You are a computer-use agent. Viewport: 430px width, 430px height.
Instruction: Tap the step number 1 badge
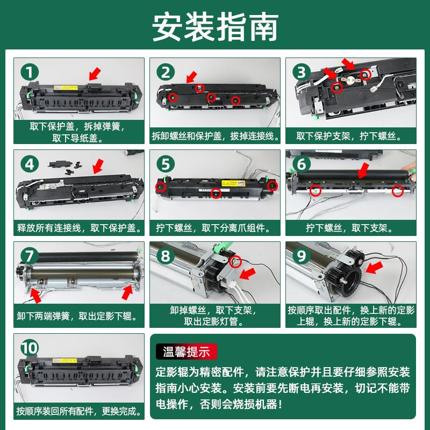30,73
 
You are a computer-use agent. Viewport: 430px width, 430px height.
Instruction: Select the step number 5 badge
166,164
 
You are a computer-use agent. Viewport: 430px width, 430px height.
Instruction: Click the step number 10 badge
30,348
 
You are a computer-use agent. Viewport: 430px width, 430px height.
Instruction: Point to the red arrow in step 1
95,75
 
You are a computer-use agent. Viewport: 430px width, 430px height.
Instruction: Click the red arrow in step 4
98,166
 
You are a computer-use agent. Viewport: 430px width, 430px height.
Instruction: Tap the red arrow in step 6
364,170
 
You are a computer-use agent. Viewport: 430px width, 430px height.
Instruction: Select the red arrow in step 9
374,267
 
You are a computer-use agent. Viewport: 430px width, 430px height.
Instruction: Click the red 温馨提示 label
187,352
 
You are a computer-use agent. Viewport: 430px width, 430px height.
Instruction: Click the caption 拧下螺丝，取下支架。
350,228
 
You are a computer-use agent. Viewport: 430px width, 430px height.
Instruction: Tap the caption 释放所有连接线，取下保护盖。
79,228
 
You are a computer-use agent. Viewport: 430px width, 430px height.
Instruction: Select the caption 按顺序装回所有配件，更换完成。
79,411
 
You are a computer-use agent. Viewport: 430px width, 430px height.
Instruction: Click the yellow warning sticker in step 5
233,183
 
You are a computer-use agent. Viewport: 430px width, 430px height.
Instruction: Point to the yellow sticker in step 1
66,88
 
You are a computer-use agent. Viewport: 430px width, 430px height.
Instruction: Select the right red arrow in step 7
127,292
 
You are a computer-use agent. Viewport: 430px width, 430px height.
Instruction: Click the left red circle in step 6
316,190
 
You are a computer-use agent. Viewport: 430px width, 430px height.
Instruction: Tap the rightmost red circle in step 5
273,186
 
